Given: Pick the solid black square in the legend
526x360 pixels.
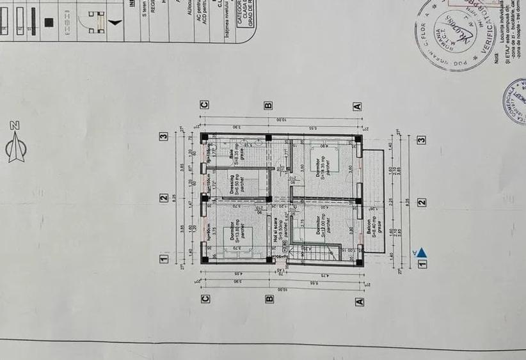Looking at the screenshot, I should click(49, 21).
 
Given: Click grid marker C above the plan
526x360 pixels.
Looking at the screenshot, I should click(205, 105).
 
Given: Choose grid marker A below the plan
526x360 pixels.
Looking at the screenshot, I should click(359, 301).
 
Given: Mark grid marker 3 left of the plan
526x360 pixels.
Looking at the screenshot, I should click(164, 136).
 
